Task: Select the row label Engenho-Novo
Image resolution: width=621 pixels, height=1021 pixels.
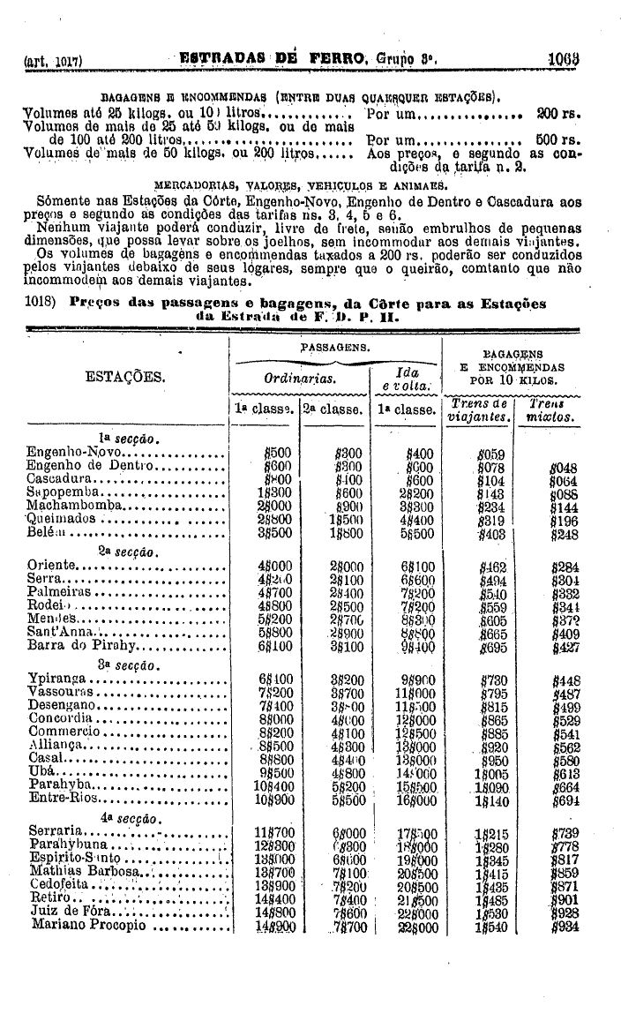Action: point(66,452)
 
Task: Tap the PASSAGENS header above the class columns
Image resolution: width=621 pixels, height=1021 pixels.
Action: point(335,349)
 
